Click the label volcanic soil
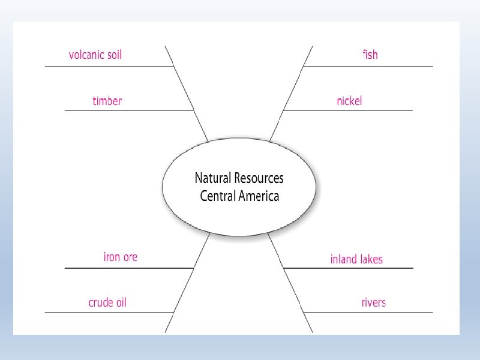(95, 55)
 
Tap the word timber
(107, 101)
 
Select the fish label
(370, 55)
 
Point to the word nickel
(349, 101)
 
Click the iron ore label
(121, 257)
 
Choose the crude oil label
(107, 302)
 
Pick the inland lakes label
(356, 259)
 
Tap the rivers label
(373, 302)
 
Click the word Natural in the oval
(212, 178)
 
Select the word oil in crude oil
(119, 302)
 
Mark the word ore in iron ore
(130, 257)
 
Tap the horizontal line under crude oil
(108, 312)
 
